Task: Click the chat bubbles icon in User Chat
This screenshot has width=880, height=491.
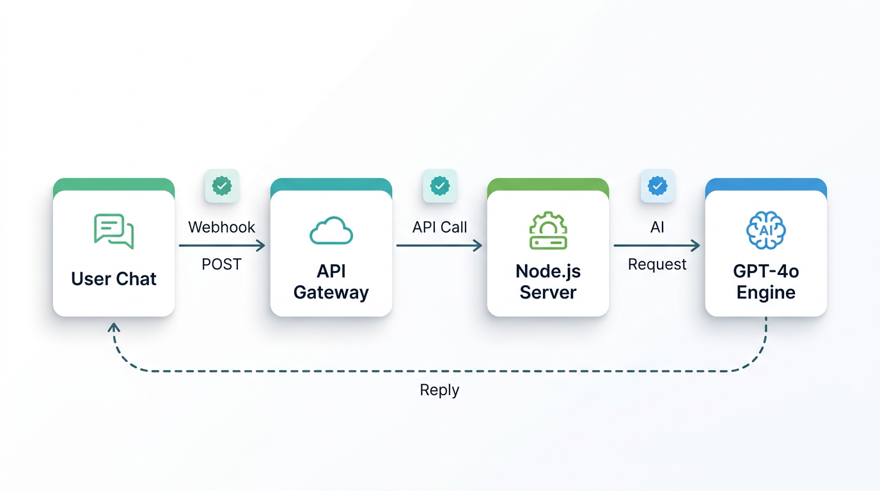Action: (x=114, y=231)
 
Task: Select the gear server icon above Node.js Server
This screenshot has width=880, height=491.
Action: (x=548, y=231)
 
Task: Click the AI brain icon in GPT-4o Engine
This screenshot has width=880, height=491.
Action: (x=766, y=230)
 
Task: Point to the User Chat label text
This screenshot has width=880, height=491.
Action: (x=114, y=279)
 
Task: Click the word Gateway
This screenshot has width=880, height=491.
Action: (x=331, y=293)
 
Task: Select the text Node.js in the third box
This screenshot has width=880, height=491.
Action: (x=548, y=271)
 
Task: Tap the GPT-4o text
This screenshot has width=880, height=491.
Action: (x=766, y=271)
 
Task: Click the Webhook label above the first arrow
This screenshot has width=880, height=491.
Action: (x=221, y=227)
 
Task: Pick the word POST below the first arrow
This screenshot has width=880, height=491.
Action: (x=221, y=264)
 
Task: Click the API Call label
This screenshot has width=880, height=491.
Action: (x=439, y=227)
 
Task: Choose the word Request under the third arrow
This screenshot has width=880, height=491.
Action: (x=657, y=264)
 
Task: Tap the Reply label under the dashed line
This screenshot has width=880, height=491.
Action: (x=439, y=389)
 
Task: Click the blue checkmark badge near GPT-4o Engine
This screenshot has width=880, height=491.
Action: (x=657, y=186)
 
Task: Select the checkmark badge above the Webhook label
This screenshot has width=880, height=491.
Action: (x=221, y=186)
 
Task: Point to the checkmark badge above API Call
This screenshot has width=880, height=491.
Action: (x=439, y=186)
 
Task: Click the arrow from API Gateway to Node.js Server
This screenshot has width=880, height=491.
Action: (x=439, y=245)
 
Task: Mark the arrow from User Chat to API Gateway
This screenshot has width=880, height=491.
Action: (x=221, y=245)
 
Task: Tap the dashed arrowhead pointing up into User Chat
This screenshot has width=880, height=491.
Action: (x=114, y=327)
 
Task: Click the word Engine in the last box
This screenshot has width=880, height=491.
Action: (x=766, y=293)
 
